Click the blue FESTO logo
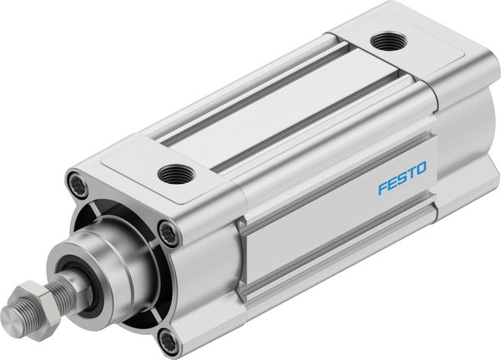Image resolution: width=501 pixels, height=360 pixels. [x=402, y=178]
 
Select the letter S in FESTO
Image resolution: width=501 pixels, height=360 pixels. [x=402, y=178]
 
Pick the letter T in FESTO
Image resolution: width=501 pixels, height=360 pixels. [x=411, y=173]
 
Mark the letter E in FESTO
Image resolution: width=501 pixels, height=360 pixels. [x=392, y=182]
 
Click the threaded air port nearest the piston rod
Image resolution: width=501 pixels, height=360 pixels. [x=175, y=174]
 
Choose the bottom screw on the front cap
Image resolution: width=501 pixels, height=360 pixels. [x=168, y=339]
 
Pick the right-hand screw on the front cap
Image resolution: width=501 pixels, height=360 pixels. [x=170, y=235]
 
